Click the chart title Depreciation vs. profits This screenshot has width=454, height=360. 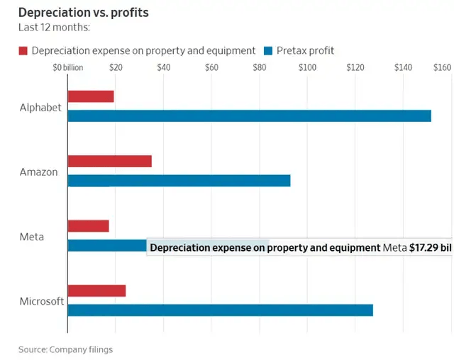pos(84,13)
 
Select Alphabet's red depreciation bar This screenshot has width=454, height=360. pos(91,96)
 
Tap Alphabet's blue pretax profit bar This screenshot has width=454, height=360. pos(249,116)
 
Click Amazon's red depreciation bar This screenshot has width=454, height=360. pos(109,161)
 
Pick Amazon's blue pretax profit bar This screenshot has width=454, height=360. pos(179,181)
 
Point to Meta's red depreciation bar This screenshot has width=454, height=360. pos(89,226)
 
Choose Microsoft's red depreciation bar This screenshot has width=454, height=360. pos(96,291)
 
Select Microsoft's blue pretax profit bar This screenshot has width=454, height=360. pos(220,310)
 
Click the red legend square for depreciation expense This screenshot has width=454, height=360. pos(23,50)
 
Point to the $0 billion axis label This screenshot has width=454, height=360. pos(68,67)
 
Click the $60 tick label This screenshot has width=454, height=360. pos(211,67)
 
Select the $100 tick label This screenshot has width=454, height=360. pos(307,67)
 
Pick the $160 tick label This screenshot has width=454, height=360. pos(442,67)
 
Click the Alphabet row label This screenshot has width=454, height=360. pos(41,108)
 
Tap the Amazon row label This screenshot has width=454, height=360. pos(39,172)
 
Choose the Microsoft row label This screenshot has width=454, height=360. pos(42,301)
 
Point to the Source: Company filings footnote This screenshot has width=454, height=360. pos(65,349)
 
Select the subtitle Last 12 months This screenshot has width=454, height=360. pos(54,29)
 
